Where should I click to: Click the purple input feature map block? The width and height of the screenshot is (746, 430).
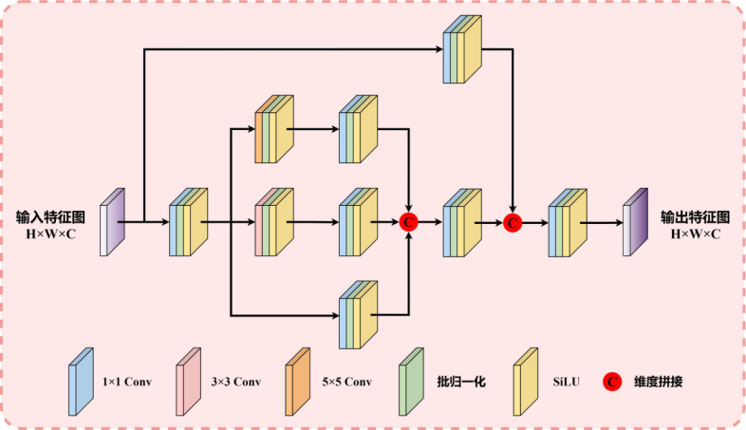(112, 222)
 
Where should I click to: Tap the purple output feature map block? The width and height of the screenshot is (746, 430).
(634, 222)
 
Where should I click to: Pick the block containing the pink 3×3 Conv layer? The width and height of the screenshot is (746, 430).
(273, 222)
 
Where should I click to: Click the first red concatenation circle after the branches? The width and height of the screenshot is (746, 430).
(409, 222)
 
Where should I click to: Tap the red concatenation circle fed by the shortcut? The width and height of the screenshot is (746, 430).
(513, 222)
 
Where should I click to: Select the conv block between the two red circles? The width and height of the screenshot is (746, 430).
(462, 222)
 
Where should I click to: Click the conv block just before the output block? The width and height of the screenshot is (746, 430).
(567, 222)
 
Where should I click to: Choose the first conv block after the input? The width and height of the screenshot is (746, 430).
(188, 222)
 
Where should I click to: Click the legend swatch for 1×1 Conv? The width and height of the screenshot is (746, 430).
(81, 381)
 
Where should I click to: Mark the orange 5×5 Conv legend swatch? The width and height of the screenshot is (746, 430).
(297, 381)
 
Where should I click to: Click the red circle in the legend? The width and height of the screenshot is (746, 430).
(613, 382)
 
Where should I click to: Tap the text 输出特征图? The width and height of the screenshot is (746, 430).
(695, 215)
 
